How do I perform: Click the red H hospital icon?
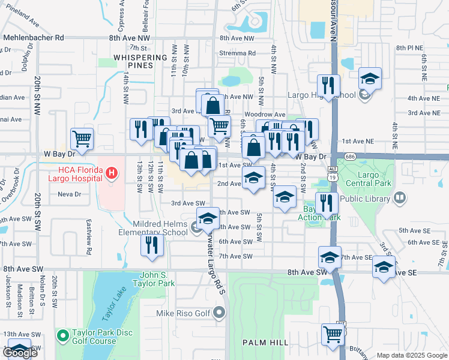pos(110,174)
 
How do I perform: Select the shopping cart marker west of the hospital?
pos(82,139)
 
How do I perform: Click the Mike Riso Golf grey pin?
pos(219,313)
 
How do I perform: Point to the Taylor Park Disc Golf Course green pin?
pos(61,334)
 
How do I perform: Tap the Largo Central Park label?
pos(372,179)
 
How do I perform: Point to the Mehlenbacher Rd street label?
pos(34,37)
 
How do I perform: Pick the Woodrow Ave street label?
pos(265,115)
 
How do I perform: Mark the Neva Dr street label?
pos(70,194)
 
